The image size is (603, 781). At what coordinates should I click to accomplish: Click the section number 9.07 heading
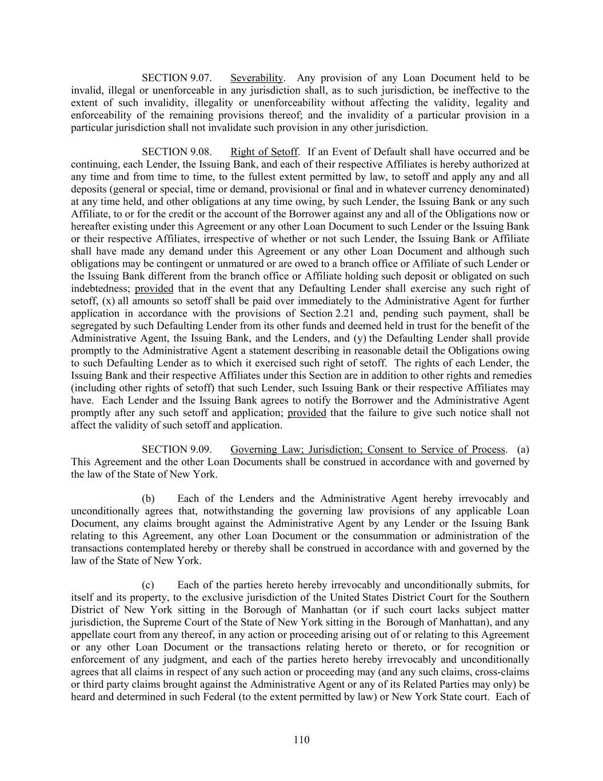coord(177,78)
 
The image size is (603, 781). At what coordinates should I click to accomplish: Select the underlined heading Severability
coord(257,78)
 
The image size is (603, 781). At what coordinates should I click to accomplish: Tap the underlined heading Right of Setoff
coord(263,152)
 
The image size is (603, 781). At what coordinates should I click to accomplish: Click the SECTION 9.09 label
coord(177,450)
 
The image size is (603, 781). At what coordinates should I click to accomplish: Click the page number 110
coord(301,740)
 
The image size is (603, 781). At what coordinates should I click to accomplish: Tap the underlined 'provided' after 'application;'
coord(307,413)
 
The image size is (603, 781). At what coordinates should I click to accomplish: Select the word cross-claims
coord(503,672)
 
